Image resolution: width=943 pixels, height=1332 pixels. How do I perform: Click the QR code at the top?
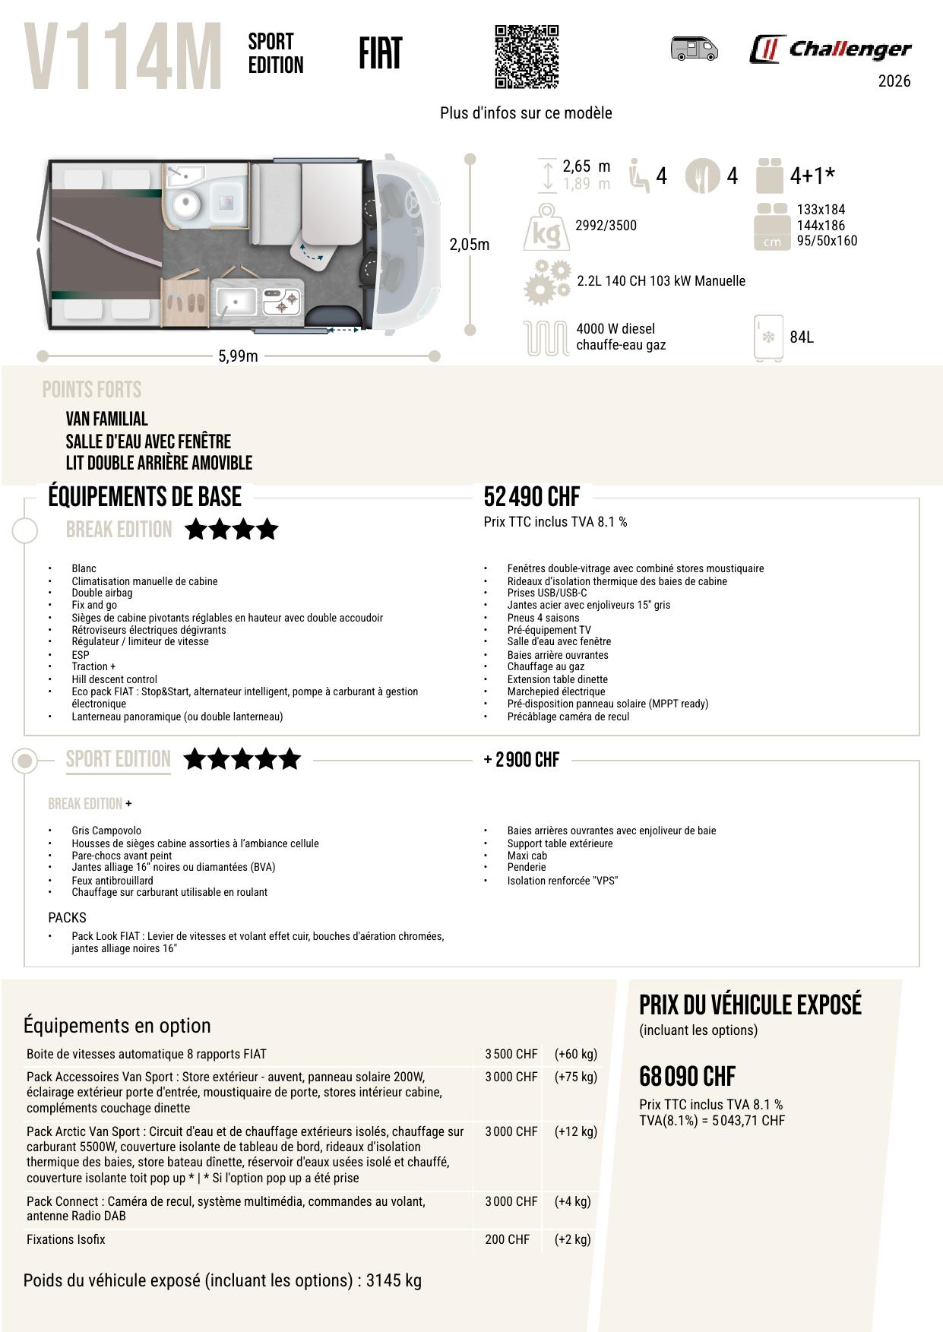[526, 57]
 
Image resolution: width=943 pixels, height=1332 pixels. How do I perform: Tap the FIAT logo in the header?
[380, 53]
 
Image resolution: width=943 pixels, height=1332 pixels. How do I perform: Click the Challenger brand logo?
[830, 50]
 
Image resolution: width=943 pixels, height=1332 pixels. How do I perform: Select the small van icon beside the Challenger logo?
[694, 49]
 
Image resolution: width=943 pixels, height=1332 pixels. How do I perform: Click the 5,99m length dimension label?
[238, 356]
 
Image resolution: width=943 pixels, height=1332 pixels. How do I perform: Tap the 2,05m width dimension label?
[470, 245]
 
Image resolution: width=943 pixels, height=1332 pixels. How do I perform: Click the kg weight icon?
[546, 227]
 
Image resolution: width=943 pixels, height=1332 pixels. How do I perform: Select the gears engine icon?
[547, 281]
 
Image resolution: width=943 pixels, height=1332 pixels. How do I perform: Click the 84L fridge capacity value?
[802, 337]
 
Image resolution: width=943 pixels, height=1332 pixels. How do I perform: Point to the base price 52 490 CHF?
[531, 497]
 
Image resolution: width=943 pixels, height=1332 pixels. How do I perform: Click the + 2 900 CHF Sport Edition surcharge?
[521, 760]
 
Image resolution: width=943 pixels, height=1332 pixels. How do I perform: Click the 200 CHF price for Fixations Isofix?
[507, 1239]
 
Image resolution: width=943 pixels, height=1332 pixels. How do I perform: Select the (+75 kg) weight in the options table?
[575, 1077]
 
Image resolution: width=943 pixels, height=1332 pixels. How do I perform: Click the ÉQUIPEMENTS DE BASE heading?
[144, 497]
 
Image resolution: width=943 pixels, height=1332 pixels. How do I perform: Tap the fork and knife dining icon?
[702, 176]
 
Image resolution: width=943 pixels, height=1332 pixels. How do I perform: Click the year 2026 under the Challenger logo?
[894, 81]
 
